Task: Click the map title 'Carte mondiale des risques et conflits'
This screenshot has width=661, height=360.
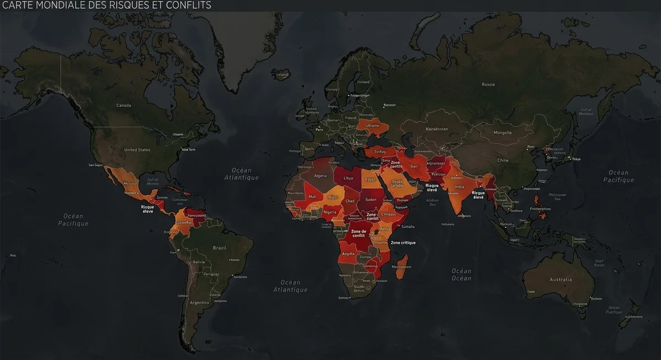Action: pos(107,6)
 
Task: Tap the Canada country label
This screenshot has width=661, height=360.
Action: pos(123,105)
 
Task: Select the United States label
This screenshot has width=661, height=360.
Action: pos(137,150)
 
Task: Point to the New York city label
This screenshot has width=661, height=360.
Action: pos(188,150)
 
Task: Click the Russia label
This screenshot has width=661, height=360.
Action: pos(488,84)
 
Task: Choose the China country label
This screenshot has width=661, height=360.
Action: pos(502,160)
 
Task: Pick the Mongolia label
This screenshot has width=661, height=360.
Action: pos(502,133)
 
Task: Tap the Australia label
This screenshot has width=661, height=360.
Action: pos(561,280)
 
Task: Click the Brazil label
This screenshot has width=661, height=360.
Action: pos(220,248)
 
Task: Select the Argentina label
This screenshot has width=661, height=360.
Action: pos(199,302)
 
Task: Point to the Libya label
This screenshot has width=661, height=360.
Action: pos(348,178)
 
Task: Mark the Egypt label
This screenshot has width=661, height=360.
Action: pos(370,179)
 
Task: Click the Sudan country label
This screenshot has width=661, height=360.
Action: pos(371,199)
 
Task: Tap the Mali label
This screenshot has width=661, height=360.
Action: pos(313,197)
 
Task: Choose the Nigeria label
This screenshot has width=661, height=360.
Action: pos(330,212)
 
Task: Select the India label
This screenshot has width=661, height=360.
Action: pos(459,187)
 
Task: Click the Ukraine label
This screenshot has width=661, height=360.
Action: pos(373,126)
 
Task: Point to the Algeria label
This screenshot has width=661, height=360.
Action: pos(320,176)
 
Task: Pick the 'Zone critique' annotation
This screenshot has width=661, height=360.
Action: pos(403,243)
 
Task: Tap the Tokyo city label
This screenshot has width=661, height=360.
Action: pos(576,159)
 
